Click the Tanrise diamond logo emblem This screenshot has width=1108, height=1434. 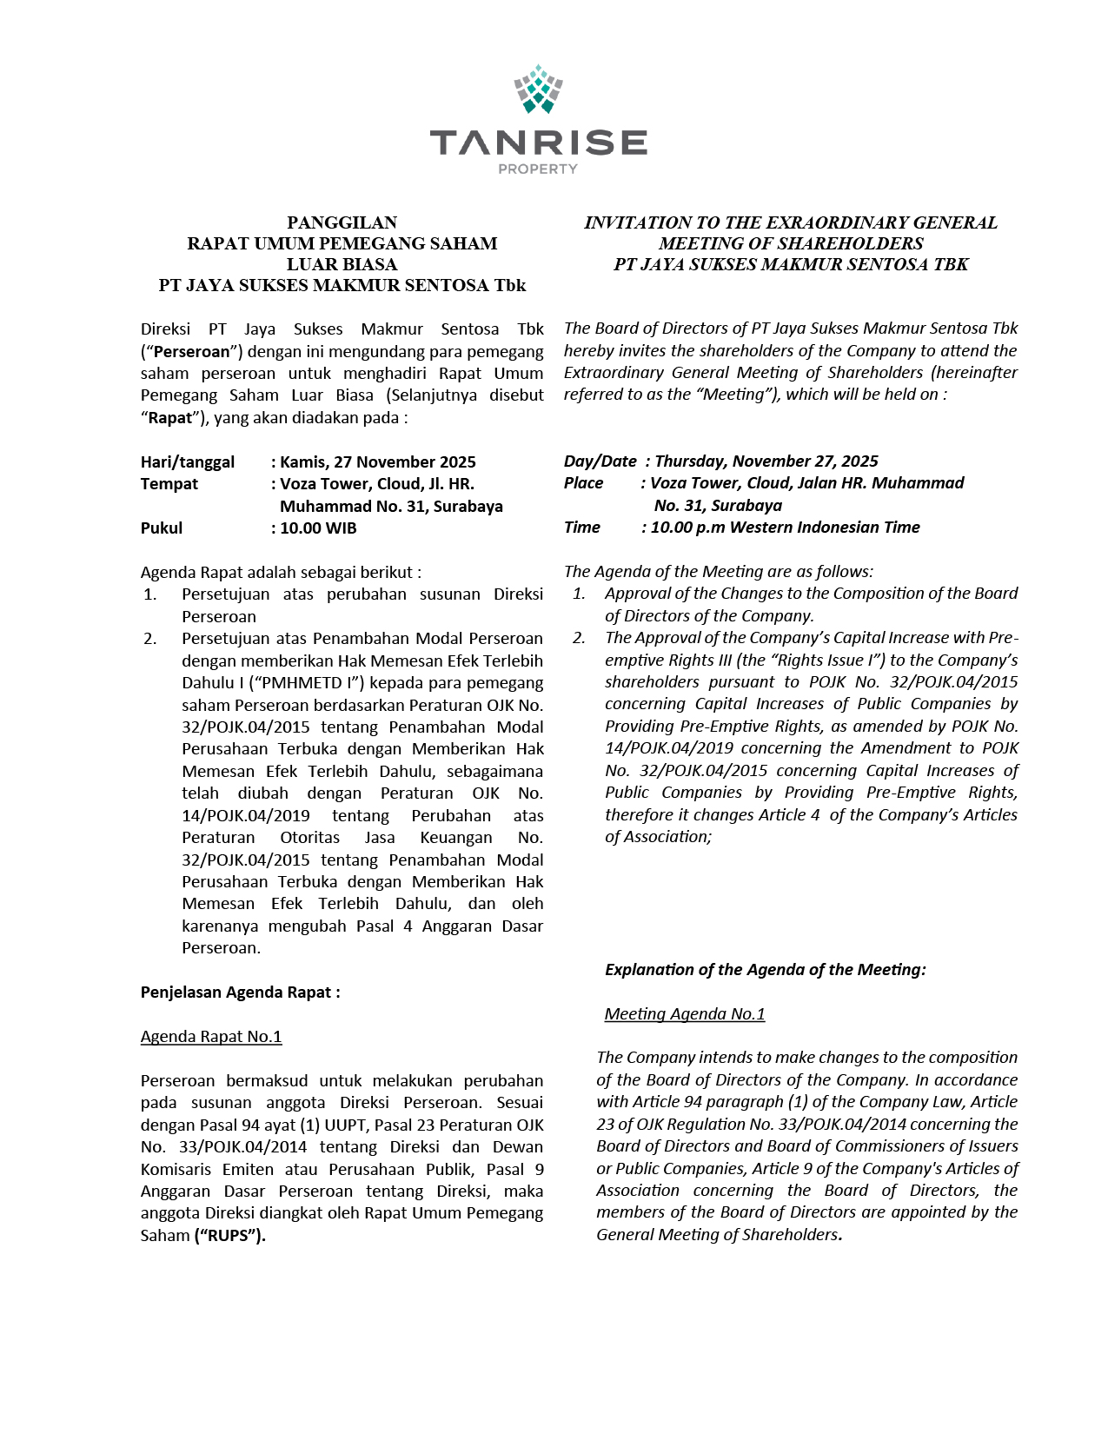coord(539,90)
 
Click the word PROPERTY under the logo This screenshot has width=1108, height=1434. coord(538,169)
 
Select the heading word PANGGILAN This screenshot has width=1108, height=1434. coord(342,222)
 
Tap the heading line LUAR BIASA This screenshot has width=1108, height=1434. coord(342,264)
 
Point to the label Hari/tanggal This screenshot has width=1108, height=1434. coord(188,461)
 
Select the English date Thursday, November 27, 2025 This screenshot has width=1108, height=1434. coord(766,461)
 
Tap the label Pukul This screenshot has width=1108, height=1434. coord(162,528)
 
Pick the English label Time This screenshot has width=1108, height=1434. coord(582,527)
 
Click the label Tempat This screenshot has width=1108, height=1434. coord(169,483)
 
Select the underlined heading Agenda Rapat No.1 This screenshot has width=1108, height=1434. coord(211,1036)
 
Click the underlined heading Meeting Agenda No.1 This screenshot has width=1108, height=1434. coord(685,1013)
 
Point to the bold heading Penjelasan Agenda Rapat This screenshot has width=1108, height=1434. coord(240,992)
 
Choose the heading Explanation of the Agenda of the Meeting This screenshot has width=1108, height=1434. coord(766,969)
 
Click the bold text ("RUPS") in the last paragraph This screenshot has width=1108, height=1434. coord(229,1235)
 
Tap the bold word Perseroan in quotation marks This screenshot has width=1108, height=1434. coord(192,351)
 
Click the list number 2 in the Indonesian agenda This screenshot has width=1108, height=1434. coord(150,638)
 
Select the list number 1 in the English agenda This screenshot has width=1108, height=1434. coord(579,593)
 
